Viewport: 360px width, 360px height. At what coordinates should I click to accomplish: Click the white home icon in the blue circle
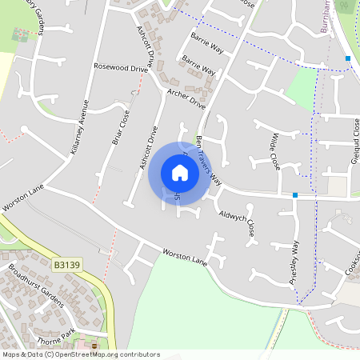tap(179, 173)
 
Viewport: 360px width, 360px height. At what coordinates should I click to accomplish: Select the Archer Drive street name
tap(186, 99)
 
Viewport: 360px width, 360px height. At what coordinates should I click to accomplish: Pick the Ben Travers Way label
tap(209, 160)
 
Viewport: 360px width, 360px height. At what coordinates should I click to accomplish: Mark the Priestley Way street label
tap(294, 261)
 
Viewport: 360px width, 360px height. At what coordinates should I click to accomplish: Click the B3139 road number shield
tap(68, 264)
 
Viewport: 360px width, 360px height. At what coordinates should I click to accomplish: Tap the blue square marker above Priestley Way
tap(295, 194)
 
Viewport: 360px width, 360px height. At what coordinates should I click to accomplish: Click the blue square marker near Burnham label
tap(348, 58)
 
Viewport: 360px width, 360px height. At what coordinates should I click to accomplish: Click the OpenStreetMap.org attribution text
tap(104, 354)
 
